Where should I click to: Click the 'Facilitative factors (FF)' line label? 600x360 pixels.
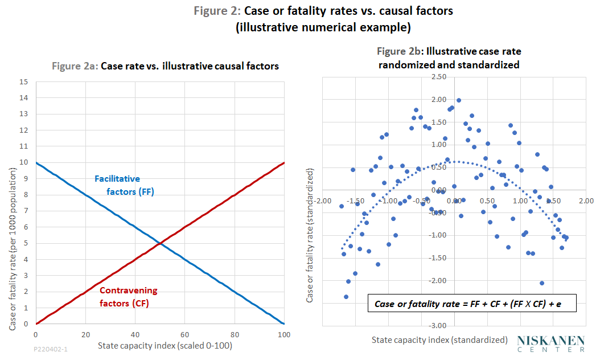click(x=124, y=185)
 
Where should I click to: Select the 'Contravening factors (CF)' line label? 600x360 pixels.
click(x=128, y=297)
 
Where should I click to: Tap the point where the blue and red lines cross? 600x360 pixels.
click(x=160, y=243)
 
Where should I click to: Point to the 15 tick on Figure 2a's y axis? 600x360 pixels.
click(x=24, y=81)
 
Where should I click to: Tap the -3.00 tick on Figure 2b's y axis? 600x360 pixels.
click(x=439, y=325)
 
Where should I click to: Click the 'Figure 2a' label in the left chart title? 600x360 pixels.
click(x=75, y=66)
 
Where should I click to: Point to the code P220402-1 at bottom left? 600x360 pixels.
click(x=50, y=347)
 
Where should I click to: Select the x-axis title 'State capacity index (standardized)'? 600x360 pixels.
click(x=439, y=339)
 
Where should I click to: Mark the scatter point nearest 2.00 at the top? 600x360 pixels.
click(x=459, y=100)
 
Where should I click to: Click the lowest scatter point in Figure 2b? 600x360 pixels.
click(x=346, y=297)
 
